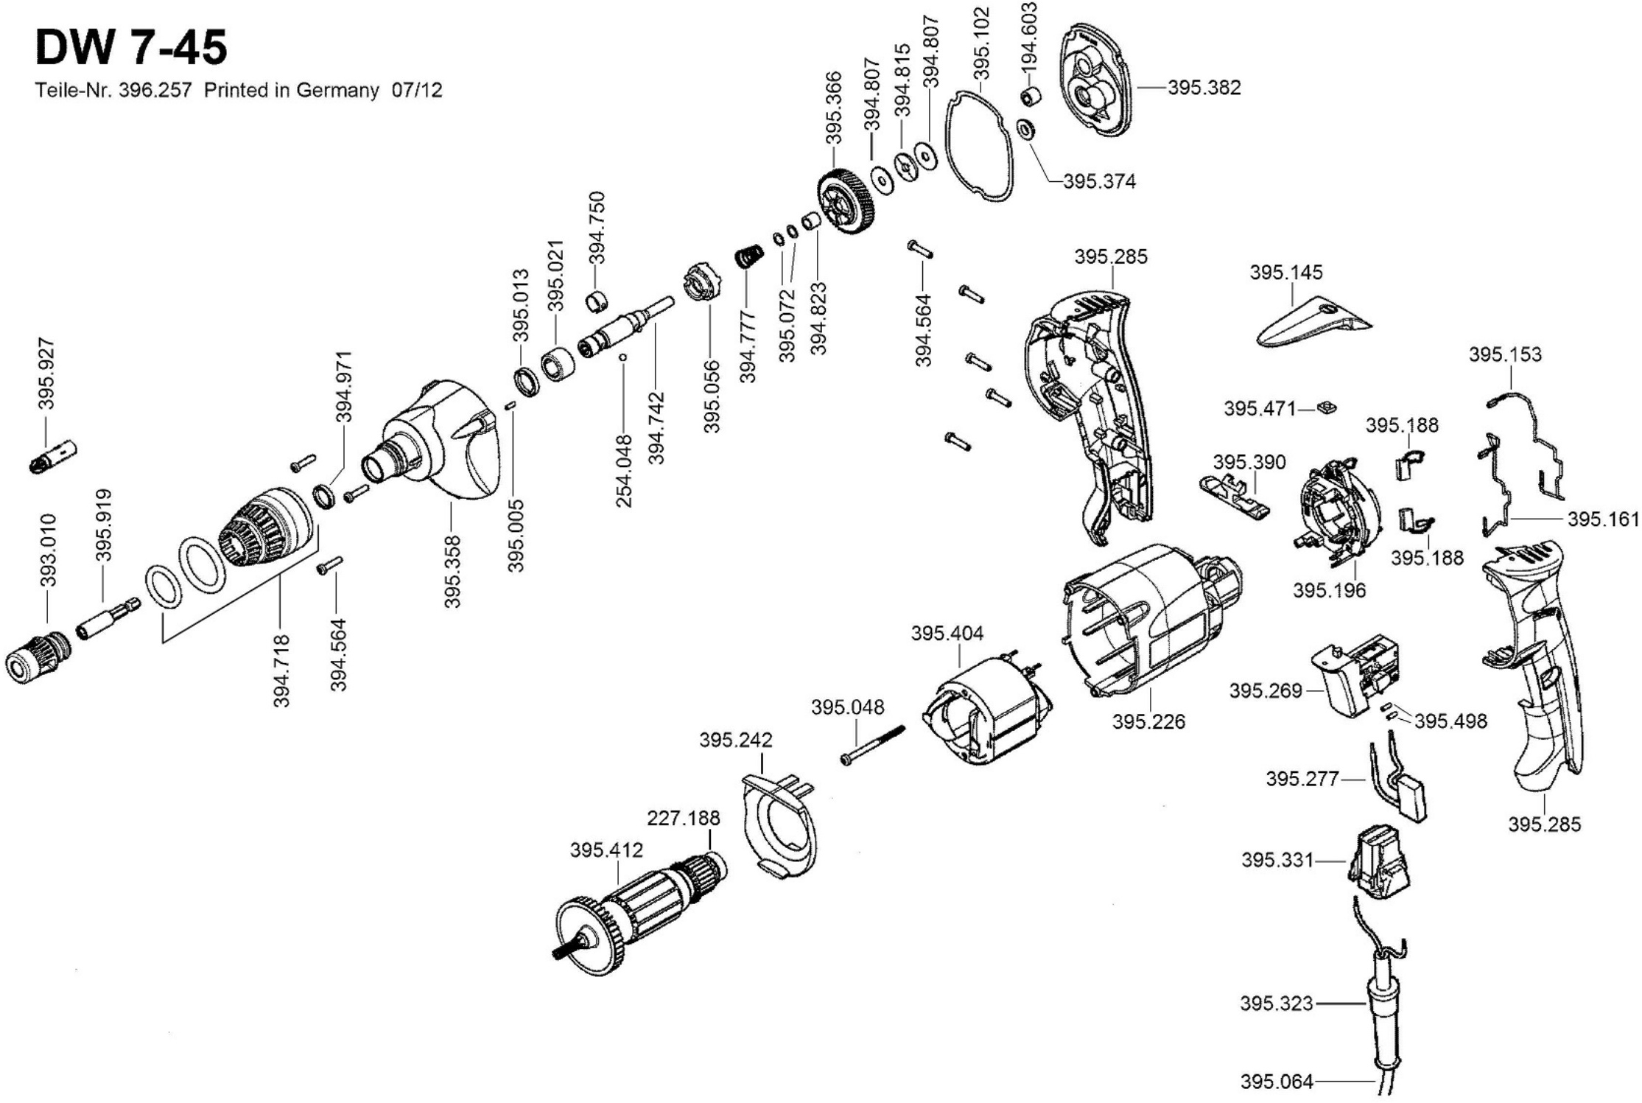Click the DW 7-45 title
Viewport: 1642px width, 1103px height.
[x=131, y=49]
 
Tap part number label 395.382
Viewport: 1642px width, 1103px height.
[x=1204, y=88]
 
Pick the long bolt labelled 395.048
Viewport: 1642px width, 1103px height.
[x=873, y=745]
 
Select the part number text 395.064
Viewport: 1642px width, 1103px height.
[x=1277, y=1082]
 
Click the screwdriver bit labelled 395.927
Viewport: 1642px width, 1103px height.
[x=54, y=456]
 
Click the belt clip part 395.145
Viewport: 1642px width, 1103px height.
[x=1311, y=323]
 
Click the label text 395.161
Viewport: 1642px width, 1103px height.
[x=1603, y=519]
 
